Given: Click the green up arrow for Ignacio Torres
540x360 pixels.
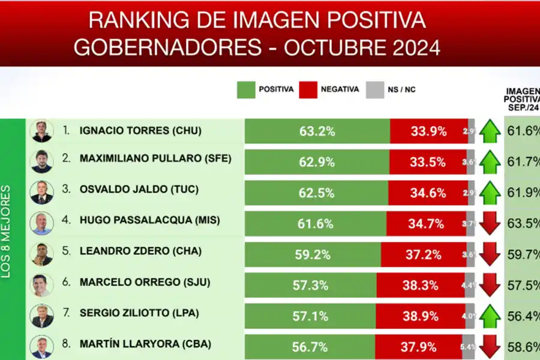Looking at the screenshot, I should pyautogui.click(x=490, y=131).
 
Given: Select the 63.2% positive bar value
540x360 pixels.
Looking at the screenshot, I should pyautogui.click(x=318, y=131).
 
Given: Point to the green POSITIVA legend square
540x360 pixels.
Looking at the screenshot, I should pyautogui.click(x=246, y=90).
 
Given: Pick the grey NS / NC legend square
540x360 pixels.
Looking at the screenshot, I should pyautogui.click(x=374, y=90).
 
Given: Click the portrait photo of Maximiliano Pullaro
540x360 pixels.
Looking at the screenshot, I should pyautogui.click(x=42, y=161).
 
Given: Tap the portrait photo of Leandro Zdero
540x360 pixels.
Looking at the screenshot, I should pyautogui.click(x=42, y=254).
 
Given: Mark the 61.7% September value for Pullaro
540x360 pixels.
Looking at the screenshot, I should pyautogui.click(x=522, y=161).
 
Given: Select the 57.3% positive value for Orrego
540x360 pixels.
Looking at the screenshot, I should pyautogui.click(x=311, y=286).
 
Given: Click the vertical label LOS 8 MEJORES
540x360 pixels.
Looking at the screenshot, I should pyautogui.click(x=7, y=231).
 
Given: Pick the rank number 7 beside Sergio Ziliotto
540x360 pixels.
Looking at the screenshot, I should pyautogui.click(x=66, y=313).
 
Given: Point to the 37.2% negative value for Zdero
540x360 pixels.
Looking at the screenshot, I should pyautogui.click(x=424, y=254).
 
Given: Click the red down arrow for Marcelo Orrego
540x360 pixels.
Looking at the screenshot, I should pyautogui.click(x=490, y=286).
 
